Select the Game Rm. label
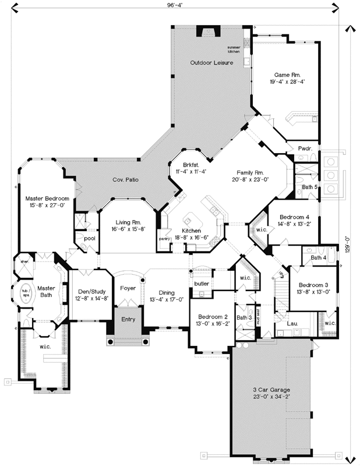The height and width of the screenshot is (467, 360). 287,74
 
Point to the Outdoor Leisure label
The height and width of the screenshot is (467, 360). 211,62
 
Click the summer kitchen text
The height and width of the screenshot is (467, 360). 234,50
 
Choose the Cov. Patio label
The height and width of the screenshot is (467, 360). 125,180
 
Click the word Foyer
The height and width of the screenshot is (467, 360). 128,288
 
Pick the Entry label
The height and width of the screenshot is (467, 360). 128,320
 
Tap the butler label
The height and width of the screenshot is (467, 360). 202,284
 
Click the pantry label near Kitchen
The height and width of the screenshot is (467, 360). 164,239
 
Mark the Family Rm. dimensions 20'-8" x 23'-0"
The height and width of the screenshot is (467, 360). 250,181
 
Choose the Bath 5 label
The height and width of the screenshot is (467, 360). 309,187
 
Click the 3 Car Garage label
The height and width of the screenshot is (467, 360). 271,390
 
